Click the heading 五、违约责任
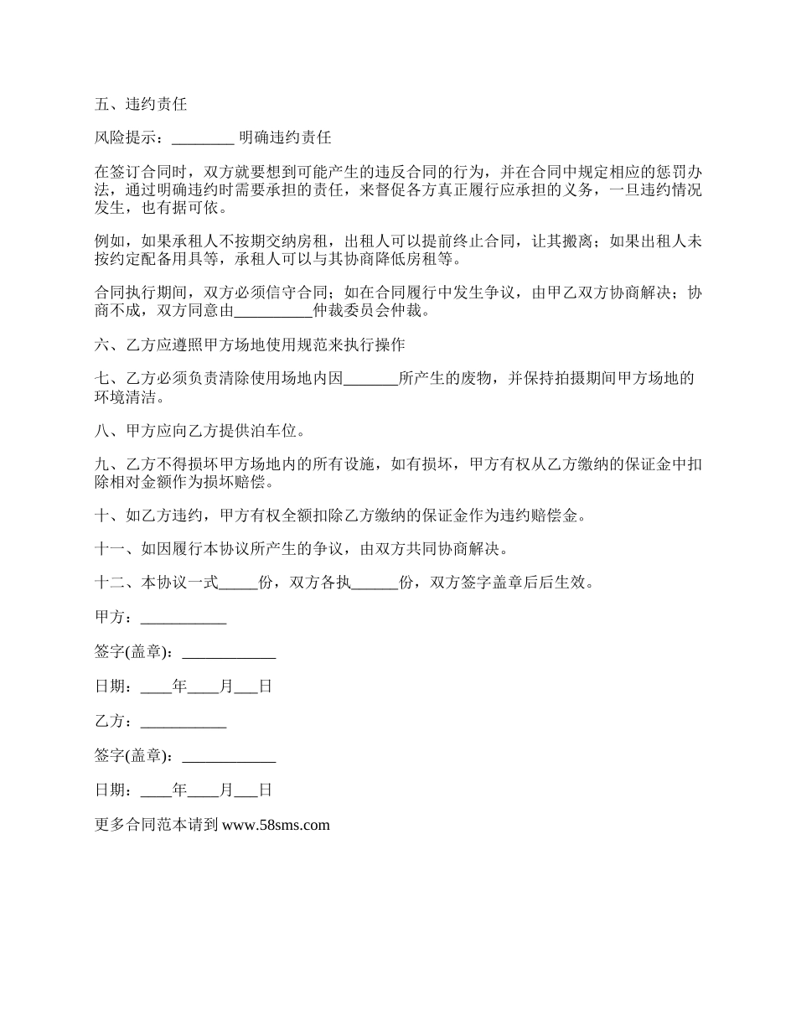point(141,105)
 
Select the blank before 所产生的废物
point(370,379)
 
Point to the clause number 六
point(103,345)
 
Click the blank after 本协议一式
point(239,583)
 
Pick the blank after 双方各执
point(374,583)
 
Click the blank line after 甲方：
point(183,619)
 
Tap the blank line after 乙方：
point(183,721)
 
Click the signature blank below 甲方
point(229,653)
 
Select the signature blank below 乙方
point(229,756)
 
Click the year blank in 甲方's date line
point(156,687)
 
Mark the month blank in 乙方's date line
point(204,790)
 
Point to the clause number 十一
point(111,550)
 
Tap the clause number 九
point(103,465)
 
